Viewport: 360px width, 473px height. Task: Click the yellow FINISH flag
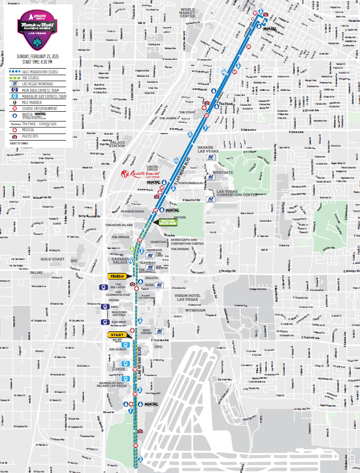[117, 276]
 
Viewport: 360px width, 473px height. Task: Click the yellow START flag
[116, 335]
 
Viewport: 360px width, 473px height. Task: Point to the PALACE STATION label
[117, 144]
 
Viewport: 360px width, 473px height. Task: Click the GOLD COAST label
[52, 259]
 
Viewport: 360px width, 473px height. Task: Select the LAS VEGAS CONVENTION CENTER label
[236, 193]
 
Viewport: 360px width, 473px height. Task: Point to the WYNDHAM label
[195, 310]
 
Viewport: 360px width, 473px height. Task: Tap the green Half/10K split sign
[168, 222]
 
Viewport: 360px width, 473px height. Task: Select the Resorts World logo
[140, 174]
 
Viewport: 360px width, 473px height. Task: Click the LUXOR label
[118, 369]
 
